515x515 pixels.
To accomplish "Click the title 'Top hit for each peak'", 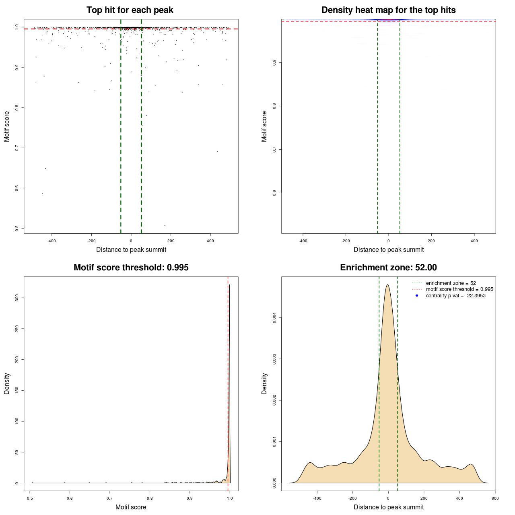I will [x=130, y=10].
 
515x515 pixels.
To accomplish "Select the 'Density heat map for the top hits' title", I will [x=388, y=10].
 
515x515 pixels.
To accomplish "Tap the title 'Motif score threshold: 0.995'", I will [x=131, y=268].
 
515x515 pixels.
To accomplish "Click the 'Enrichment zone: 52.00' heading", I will [x=388, y=268].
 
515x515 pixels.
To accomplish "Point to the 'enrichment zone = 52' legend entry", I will [x=451, y=283].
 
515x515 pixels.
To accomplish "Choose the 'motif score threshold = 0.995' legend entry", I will [x=459, y=289].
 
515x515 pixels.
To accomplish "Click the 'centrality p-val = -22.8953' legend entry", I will [x=455, y=296].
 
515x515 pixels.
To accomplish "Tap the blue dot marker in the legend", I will [x=417, y=296].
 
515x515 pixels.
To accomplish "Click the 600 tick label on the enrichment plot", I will [x=495, y=498].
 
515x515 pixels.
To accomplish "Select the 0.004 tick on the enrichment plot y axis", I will [x=274, y=318].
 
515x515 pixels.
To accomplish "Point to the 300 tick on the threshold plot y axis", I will [x=17, y=297].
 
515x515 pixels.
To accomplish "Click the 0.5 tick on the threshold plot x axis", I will [x=30, y=498].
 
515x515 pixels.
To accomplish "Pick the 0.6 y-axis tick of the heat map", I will [x=274, y=193].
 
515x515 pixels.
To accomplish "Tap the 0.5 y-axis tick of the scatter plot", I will [x=17, y=228].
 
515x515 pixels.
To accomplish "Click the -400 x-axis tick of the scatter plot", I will [x=51, y=241].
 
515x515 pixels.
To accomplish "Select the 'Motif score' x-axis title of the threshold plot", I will [x=131, y=507].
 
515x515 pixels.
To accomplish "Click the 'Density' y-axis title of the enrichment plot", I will [x=264, y=383].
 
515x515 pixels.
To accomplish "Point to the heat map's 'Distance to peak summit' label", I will [x=388, y=249].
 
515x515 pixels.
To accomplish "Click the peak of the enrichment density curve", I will [x=387, y=285].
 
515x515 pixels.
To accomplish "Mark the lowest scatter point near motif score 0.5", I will [x=165, y=225].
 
